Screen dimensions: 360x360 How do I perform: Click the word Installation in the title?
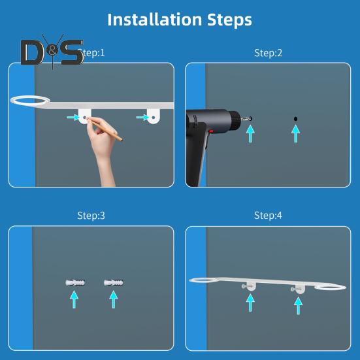pyautogui.click(x=154, y=19)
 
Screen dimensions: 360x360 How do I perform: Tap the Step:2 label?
pyautogui.click(x=268, y=52)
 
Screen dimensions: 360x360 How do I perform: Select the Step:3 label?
pyautogui.click(x=91, y=215)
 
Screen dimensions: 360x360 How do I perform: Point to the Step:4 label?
pyautogui.click(x=268, y=215)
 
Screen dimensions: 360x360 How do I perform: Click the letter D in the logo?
pyautogui.click(x=33, y=53)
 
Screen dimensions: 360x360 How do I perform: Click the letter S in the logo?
pyautogui.click(x=71, y=53)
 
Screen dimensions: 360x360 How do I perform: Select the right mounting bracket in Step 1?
pyautogui.click(x=153, y=116)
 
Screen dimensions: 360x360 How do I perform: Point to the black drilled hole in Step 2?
pyautogui.click(x=295, y=118)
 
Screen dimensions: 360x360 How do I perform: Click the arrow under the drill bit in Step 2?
pyautogui.click(x=249, y=134)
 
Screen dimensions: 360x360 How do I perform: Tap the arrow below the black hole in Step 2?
pyautogui.click(x=295, y=134)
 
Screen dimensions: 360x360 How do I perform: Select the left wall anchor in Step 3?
pyautogui.click(x=74, y=284)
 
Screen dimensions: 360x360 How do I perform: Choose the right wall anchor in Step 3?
pyautogui.click(x=114, y=284)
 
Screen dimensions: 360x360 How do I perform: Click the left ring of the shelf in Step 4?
pyautogui.click(x=211, y=281)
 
